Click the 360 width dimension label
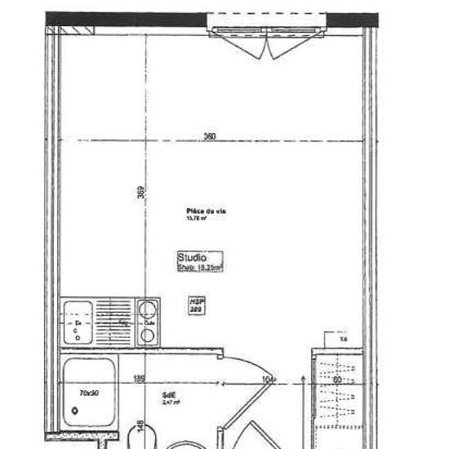tap(209, 137)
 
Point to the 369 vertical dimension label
tap(141, 193)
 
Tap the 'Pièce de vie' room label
tap(206, 212)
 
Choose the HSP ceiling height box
tap(196, 305)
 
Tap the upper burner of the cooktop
tap(148, 309)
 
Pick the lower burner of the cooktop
tap(148, 334)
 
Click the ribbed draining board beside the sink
tap(114, 322)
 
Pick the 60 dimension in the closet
tap(336, 380)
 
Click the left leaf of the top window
tap(244, 42)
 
